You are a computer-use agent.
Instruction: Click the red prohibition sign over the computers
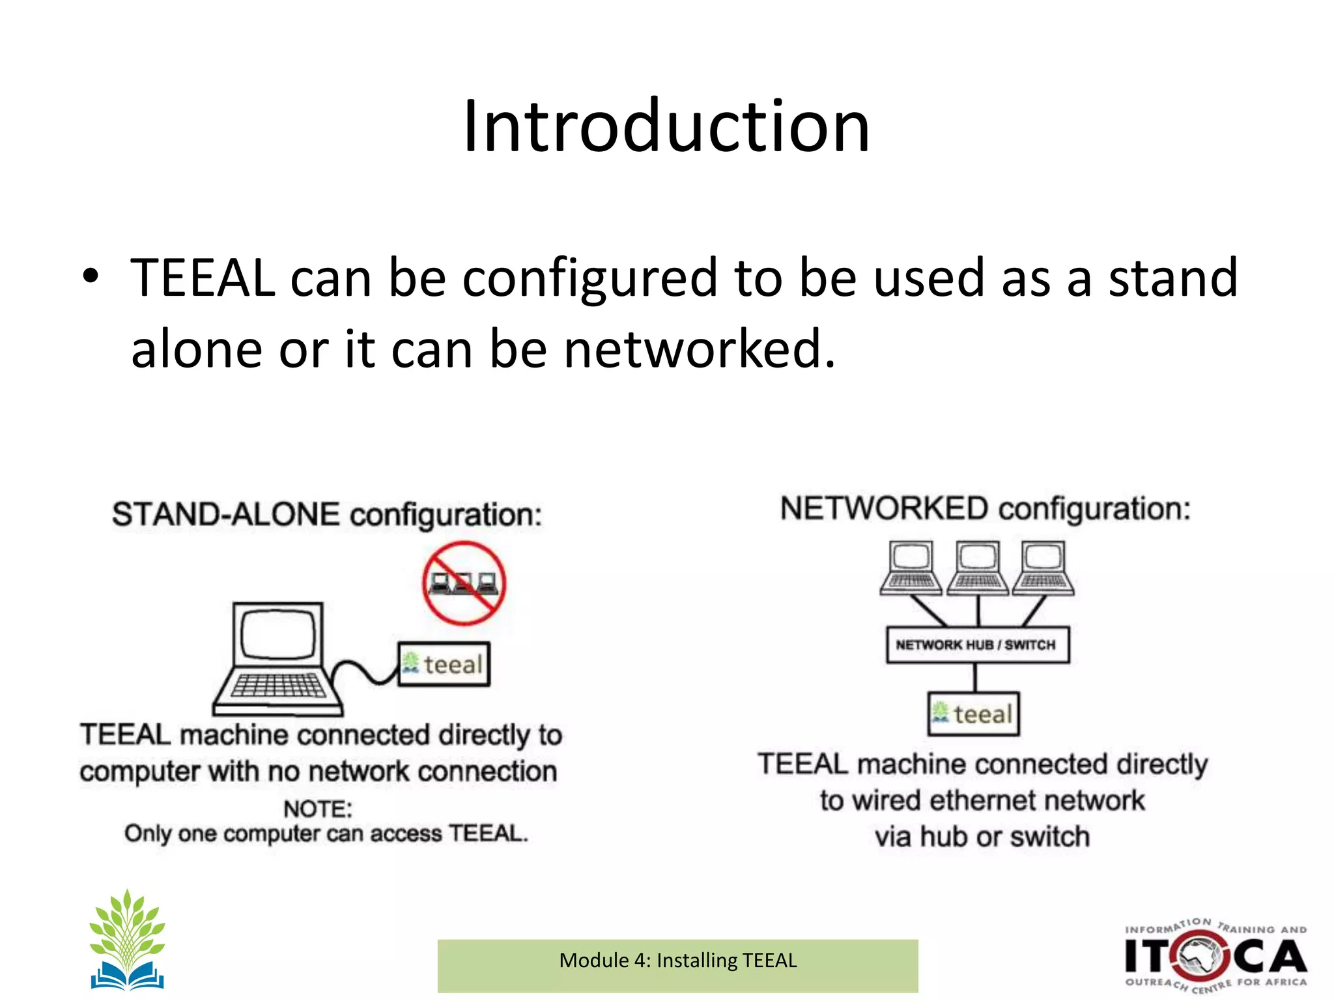tap(464, 583)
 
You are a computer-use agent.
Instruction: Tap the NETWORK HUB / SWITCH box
tap(977, 645)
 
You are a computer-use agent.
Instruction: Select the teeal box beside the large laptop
tap(444, 664)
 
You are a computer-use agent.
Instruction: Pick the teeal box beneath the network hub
tap(974, 714)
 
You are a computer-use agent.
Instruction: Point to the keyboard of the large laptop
tap(279, 686)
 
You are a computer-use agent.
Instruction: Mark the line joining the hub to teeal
tap(975, 678)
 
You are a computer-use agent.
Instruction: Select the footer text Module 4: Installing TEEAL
tap(677, 961)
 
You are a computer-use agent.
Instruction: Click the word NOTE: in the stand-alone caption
tap(318, 809)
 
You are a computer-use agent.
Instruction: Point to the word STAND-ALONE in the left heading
tap(225, 515)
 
